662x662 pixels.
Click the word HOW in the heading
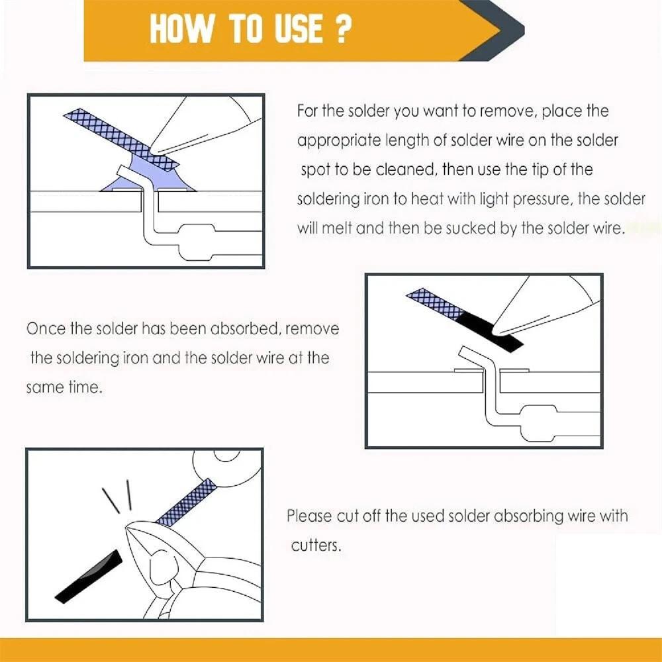pyautogui.click(x=181, y=28)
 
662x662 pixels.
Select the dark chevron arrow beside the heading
pyautogui.click(x=492, y=30)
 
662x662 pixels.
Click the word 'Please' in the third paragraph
pyautogui.click(x=309, y=516)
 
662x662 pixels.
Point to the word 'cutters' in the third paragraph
pyautogui.click(x=315, y=545)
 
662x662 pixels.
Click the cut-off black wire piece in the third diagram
pyautogui.click(x=89, y=577)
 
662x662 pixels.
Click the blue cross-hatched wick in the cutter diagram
pyautogui.click(x=186, y=502)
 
